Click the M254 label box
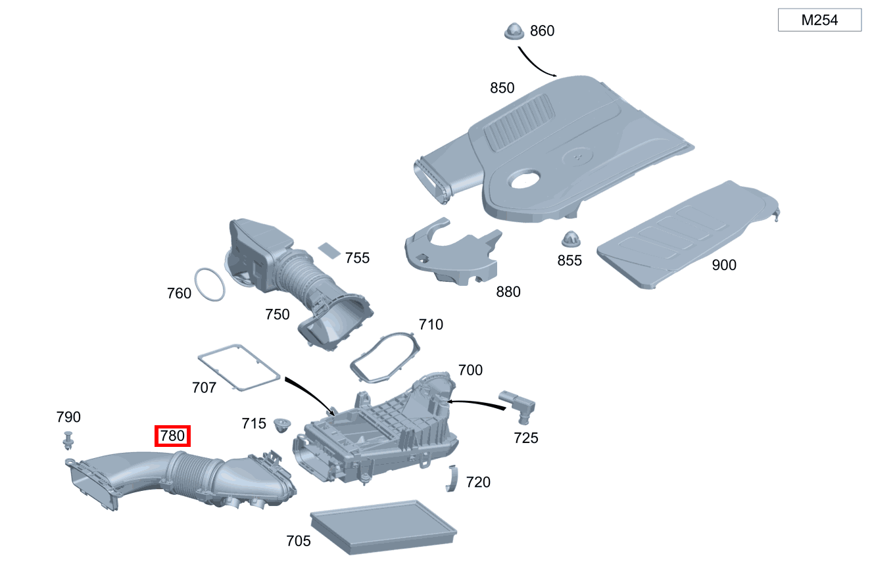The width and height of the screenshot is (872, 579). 819,20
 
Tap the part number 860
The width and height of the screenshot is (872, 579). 542,31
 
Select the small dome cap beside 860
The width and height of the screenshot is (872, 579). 514,31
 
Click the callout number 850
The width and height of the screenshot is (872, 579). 502,88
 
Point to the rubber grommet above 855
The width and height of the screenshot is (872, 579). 571,239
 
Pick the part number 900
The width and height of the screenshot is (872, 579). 724,265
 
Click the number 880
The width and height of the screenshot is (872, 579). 508,292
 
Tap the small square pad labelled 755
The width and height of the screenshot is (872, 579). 329,250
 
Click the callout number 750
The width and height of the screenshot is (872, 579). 277,314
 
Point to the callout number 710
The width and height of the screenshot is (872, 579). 431,325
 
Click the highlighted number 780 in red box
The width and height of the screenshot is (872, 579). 172,436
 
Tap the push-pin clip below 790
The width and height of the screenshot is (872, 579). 68,440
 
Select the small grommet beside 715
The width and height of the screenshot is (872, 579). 282,425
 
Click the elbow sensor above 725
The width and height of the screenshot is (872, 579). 518,406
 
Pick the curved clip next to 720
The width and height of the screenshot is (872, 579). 452,478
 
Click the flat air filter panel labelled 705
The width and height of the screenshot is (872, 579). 383,527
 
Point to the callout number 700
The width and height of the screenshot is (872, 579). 470,370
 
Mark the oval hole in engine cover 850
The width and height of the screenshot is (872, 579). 525,179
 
